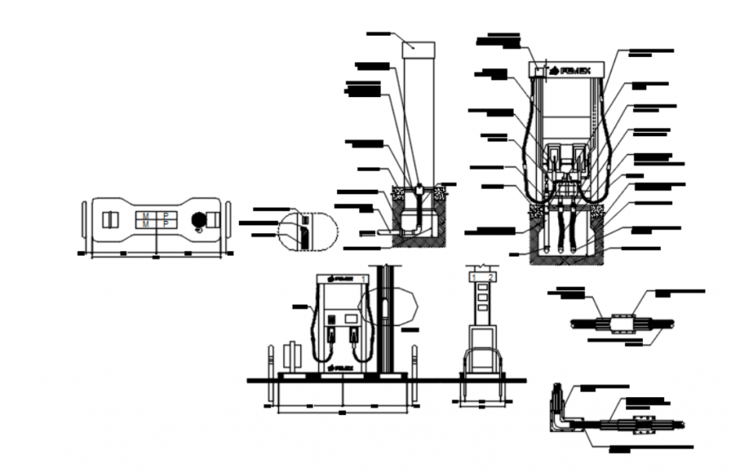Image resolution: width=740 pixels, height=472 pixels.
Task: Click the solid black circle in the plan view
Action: [x=199, y=219]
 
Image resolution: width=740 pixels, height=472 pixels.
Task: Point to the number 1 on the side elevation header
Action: [x=475, y=276]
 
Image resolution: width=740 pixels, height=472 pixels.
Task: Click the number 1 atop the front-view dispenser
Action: [x=362, y=278]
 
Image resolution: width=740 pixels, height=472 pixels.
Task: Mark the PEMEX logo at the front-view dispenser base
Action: [x=340, y=367]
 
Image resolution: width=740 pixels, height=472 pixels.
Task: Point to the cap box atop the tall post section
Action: [x=418, y=46]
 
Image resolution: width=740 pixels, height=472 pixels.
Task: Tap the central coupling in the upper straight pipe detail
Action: [x=619, y=324]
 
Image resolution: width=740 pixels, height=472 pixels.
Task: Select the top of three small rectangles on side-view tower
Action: [x=481, y=287]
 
